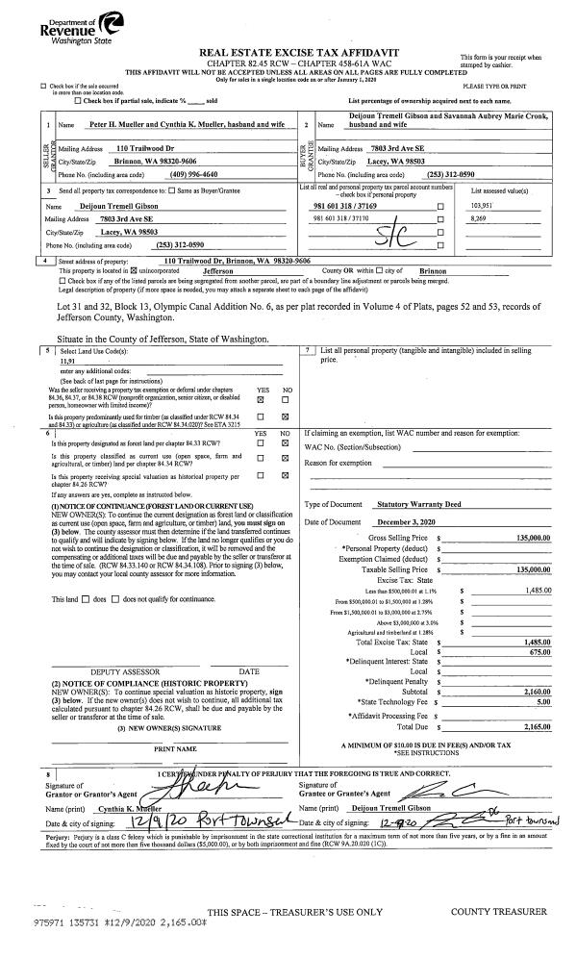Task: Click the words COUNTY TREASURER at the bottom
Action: [499, 910]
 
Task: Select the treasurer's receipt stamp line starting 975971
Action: [106, 921]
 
